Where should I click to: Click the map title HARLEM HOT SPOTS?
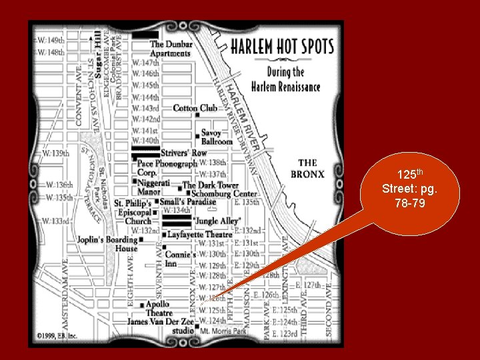(x=276, y=48)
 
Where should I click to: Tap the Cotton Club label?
(x=195, y=108)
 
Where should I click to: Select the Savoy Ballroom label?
(x=216, y=137)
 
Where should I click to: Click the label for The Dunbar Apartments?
(x=171, y=49)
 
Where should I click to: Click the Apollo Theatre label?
(x=159, y=309)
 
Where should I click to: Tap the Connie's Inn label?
(x=180, y=259)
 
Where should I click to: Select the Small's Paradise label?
(x=187, y=201)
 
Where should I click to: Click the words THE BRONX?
(x=307, y=168)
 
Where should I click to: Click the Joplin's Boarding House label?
(x=107, y=243)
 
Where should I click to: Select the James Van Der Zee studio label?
(x=161, y=325)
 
